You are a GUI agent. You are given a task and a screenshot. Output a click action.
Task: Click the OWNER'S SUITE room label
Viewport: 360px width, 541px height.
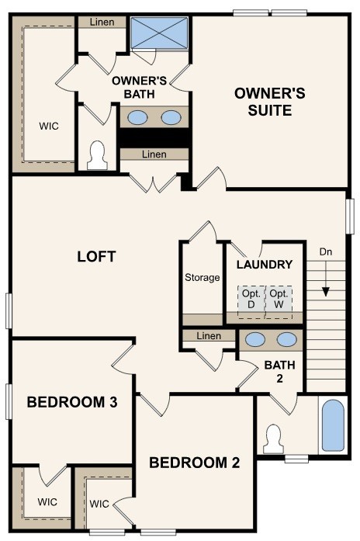pyautogui.click(x=270, y=102)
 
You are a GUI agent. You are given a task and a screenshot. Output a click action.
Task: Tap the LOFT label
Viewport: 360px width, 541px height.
pyautogui.click(x=96, y=256)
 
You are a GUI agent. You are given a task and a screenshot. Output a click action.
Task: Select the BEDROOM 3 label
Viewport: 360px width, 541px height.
pyautogui.click(x=71, y=402)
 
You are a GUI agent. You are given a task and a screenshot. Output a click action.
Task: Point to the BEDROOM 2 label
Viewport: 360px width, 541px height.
pyautogui.click(x=194, y=463)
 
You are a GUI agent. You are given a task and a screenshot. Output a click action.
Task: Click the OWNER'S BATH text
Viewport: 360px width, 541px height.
pyautogui.click(x=140, y=87)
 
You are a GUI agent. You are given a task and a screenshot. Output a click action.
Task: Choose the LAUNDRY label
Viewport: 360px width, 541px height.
pyautogui.click(x=265, y=265)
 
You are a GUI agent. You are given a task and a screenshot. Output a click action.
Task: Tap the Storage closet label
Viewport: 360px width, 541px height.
pyautogui.click(x=202, y=278)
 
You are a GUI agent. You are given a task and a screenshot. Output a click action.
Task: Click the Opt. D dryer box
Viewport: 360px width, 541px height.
pyautogui.click(x=251, y=300)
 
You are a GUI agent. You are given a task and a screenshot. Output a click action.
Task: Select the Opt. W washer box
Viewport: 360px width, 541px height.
pyautogui.click(x=279, y=300)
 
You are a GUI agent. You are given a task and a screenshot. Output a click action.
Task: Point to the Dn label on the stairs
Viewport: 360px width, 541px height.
pyautogui.click(x=327, y=251)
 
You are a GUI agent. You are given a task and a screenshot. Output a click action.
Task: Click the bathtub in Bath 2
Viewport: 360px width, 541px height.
pyautogui.click(x=333, y=425)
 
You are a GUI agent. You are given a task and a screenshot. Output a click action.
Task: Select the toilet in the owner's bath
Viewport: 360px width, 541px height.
pyautogui.click(x=98, y=155)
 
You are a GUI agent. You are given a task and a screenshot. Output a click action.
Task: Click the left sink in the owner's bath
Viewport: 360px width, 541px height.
pyautogui.click(x=137, y=117)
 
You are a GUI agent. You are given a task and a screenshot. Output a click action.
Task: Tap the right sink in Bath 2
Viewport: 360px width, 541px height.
pyautogui.click(x=286, y=338)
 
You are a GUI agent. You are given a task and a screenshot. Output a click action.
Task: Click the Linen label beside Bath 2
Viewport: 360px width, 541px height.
pyautogui.click(x=209, y=336)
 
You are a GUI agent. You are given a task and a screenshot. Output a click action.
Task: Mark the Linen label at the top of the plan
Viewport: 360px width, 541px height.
pyautogui.click(x=102, y=22)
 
